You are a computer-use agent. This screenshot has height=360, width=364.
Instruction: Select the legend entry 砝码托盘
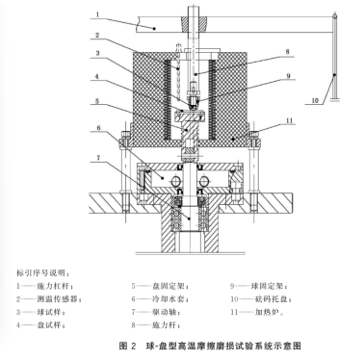(x=266, y=297)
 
